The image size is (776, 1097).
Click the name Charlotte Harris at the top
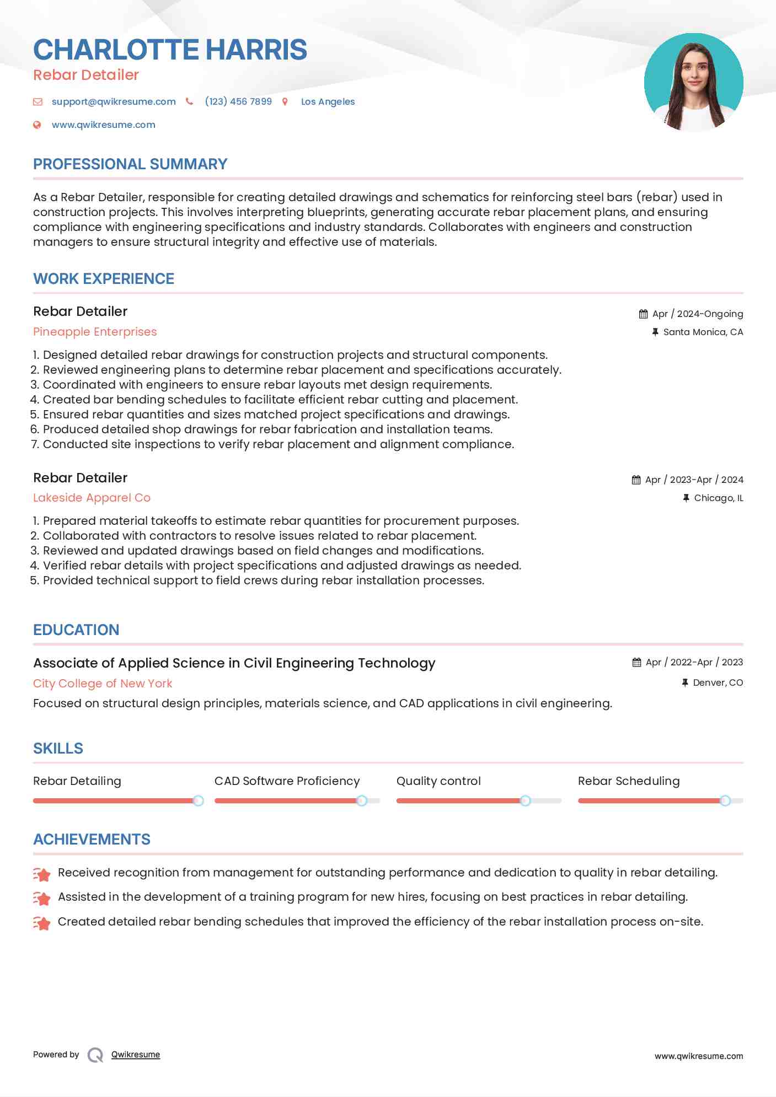click(x=170, y=50)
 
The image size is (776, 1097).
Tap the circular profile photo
click(x=693, y=82)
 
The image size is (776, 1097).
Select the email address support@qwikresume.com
click(x=114, y=102)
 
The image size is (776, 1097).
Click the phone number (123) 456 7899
click(x=238, y=102)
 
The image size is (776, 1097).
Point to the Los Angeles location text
click(x=328, y=102)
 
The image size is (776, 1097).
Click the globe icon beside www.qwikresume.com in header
click(x=38, y=125)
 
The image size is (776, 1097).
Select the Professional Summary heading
click(x=130, y=164)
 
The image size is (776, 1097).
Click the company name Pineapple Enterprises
click(x=95, y=332)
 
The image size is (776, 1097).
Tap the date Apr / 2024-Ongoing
click(x=697, y=314)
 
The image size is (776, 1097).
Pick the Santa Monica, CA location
click(x=703, y=332)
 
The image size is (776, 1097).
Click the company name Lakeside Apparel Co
click(x=92, y=498)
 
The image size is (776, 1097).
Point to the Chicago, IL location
click(x=718, y=498)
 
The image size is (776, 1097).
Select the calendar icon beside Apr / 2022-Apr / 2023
click(x=636, y=663)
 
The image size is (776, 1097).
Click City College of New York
click(x=103, y=684)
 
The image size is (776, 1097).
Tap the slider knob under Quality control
click(x=526, y=800)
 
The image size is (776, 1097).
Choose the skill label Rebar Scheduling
click(x=629, y=781)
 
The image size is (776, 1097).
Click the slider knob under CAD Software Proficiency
click(x=362, y=800)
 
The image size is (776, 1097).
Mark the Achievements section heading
click(x=92, y=840)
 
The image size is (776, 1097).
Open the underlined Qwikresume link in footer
click(x=136, y=1055)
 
